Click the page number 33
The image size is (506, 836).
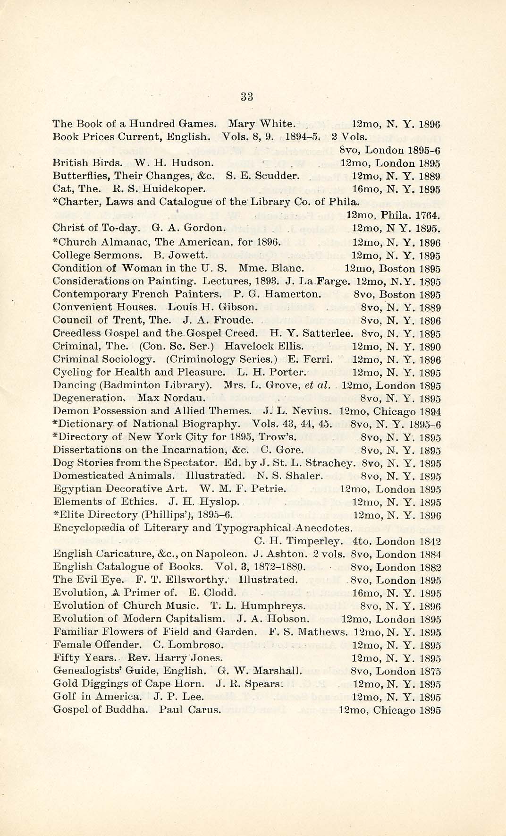click(247, 97)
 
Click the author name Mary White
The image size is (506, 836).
click(261, 124)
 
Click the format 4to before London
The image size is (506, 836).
click(362, 542)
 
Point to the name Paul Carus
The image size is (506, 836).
click(190, 709)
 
